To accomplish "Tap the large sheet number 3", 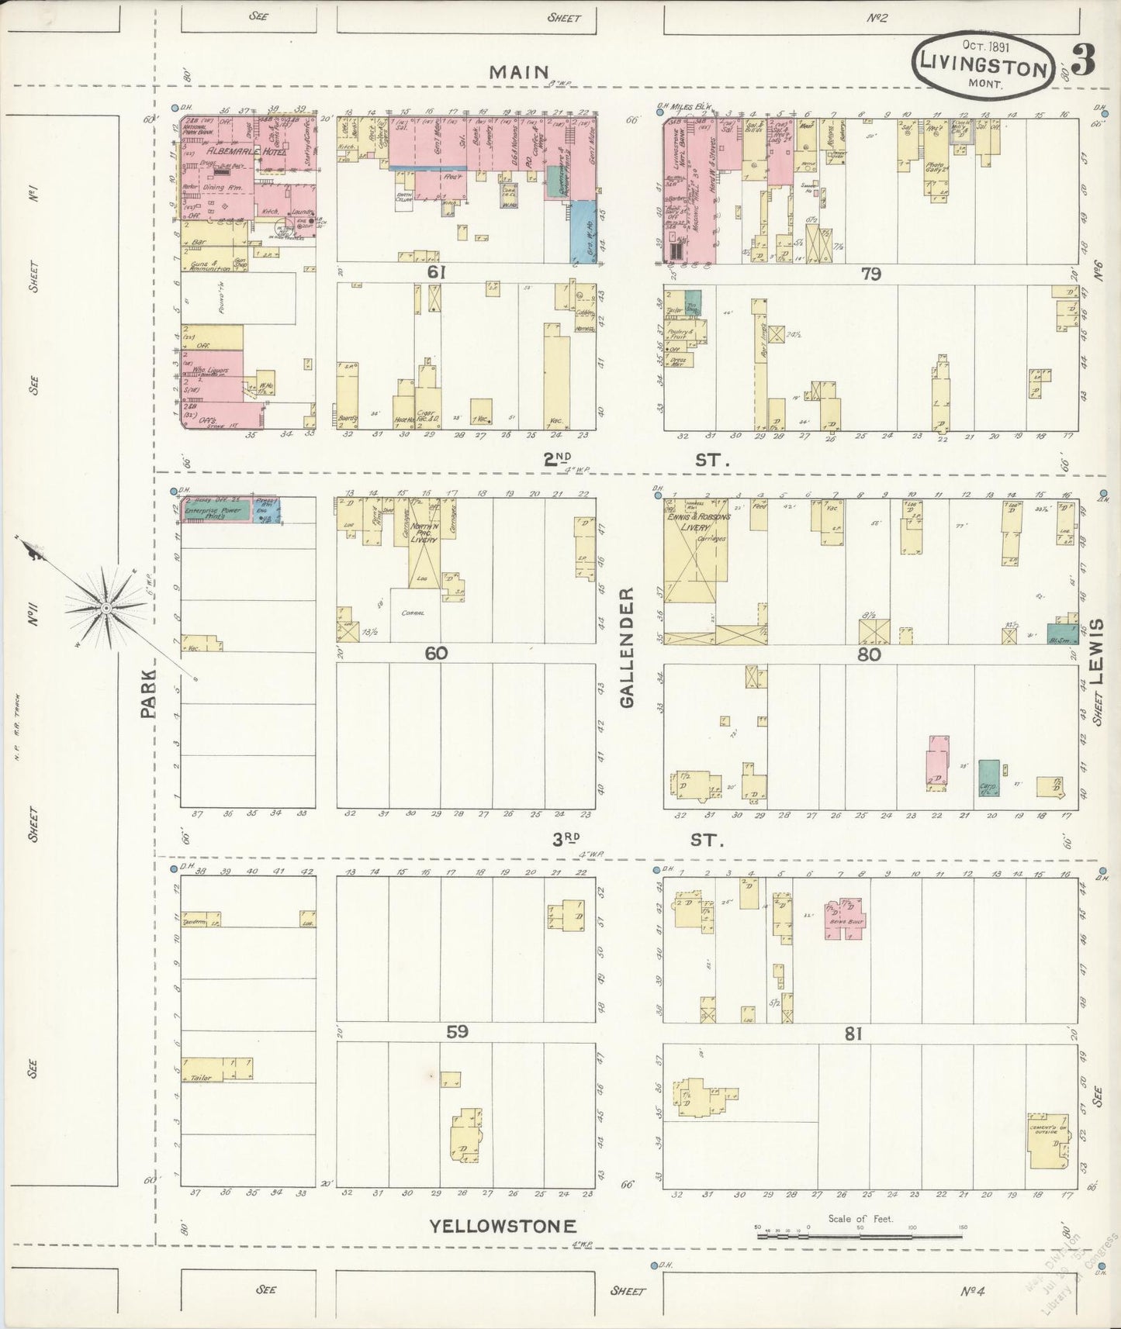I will [x=1083, y=61].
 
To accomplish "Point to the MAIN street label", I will [x=519, y=72].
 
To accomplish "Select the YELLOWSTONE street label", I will [x=503, y=1226].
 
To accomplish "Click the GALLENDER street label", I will [x=627, y=647].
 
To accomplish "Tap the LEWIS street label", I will [x=1096, y=651].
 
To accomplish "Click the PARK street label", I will [x=148, y=694].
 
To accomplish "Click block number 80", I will [x=869, y=654].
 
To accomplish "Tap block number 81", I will [x=870, y=1034].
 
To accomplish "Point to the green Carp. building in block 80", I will [x=988, y=778].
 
